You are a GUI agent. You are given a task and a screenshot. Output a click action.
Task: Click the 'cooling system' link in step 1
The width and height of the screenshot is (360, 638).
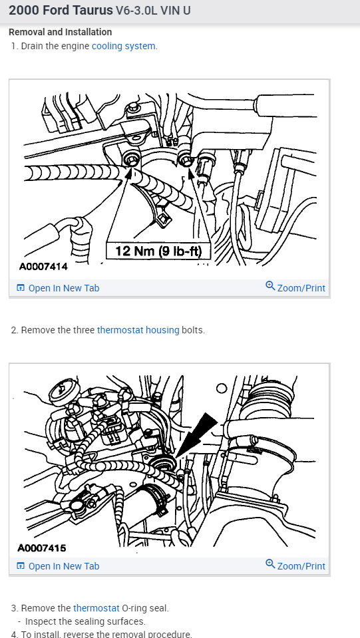tap(124, 46)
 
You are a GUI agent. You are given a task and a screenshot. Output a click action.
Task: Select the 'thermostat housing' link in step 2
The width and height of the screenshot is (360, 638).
tap(138, 330)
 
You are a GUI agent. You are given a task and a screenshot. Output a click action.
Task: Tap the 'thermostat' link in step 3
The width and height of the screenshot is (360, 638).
tap(96, 608)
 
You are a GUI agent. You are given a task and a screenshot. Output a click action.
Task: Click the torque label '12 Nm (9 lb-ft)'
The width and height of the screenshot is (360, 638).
tap(158, 251)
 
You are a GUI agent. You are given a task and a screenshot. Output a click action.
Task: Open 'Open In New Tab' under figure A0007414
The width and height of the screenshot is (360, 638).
tap(63, 288)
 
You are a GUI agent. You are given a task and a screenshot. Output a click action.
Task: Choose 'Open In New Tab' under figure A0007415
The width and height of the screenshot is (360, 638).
tap(63, 566)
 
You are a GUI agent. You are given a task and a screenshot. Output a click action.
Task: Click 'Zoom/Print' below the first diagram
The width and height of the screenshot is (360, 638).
tap(301, 288)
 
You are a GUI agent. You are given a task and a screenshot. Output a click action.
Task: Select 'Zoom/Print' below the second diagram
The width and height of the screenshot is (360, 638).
tap(301, 566)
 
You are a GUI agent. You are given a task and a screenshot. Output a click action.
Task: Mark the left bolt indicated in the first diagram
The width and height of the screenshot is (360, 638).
tap(132, 159)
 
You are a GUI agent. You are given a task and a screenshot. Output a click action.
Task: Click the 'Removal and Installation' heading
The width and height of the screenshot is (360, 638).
tap(60, 32)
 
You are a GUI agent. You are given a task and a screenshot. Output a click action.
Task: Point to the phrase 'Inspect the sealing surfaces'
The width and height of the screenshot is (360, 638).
tap(85, 621)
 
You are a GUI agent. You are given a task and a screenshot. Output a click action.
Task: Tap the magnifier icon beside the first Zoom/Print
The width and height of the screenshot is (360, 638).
tap(270, 286)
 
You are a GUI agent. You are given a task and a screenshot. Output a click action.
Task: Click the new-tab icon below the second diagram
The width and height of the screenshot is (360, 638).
tap(21, 566)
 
